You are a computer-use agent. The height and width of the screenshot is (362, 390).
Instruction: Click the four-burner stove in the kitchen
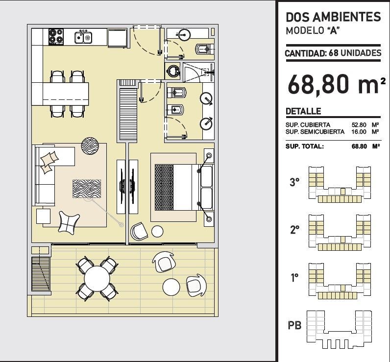[x=56, y=37]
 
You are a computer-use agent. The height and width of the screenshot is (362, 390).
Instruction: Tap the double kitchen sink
[x=83, y=37]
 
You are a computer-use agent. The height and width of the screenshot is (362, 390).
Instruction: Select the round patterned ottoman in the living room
[x=90, y=146]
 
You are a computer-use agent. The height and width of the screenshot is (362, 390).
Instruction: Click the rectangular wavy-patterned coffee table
[x=87, y=189]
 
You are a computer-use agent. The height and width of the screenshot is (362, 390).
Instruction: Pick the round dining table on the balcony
[x=97, y=278]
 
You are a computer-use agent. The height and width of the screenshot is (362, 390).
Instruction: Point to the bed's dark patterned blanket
[x=164, y=187]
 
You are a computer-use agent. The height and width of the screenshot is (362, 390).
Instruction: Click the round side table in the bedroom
[x=157, y=232]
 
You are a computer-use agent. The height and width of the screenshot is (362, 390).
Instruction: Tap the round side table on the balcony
[x=171, y=287]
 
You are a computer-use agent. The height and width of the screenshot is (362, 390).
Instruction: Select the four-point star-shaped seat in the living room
[x=69, y=222]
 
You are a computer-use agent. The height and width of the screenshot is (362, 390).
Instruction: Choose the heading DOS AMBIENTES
[x=333, y=17]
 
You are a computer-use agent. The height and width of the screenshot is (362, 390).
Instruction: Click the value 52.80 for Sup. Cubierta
[x=359, y=125]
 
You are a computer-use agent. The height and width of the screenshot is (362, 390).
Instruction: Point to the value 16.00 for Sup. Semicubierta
[x=359, y=131]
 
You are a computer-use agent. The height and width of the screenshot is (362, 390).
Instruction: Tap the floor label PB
[x=294, y=325]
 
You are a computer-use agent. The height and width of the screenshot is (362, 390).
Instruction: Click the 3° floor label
[x=294, y=182]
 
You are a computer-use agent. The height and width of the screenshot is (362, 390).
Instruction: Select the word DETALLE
[x=303, y=111]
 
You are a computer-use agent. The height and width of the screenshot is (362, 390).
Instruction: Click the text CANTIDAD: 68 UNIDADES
[x=333, y=53]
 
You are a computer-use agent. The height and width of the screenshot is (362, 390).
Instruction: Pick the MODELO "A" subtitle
[x=313, y=30]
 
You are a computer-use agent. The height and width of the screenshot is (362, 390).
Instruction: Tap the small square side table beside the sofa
[x=43, y=216]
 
